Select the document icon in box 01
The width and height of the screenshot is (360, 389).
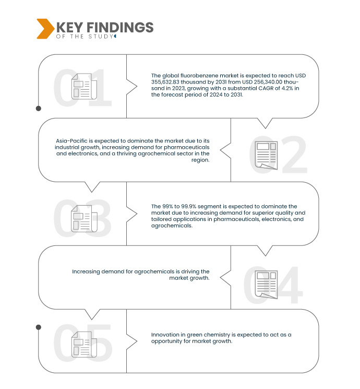click(x=83, y=86)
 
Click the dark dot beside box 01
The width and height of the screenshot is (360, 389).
click(x=38, y=109)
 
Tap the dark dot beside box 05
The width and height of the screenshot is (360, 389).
click(x=38, y=327)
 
